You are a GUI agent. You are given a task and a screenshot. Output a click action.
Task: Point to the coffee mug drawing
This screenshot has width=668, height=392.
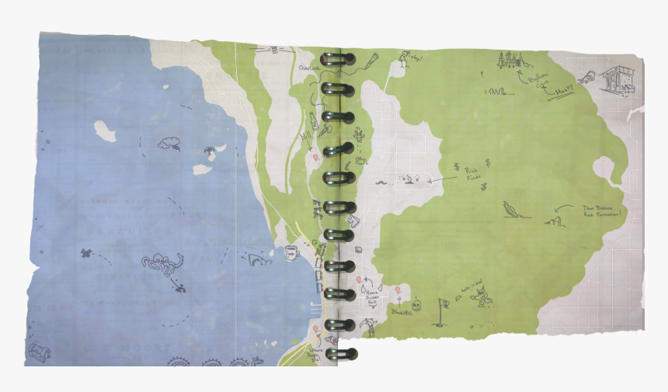tap(291, 252)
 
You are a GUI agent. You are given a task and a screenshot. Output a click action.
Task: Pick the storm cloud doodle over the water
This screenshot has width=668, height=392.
tap(169, 143)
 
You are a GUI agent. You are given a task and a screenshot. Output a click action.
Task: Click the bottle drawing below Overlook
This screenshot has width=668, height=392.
tap(313, 120)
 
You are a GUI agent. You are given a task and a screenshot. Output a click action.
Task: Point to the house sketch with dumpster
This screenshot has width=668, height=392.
tap(615, 80)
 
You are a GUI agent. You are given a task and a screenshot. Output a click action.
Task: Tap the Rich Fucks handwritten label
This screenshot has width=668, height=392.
tap(473, 174)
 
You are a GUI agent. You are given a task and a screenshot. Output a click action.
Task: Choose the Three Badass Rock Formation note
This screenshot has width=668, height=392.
tap(601, 212)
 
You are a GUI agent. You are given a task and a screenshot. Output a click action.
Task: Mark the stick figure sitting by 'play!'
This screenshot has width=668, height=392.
tap(403, 57)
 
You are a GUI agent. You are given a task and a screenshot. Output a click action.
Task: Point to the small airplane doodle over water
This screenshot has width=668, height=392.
tap(86, 253)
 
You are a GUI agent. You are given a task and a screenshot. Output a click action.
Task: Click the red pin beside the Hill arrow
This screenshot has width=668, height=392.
tap(315, 157)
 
